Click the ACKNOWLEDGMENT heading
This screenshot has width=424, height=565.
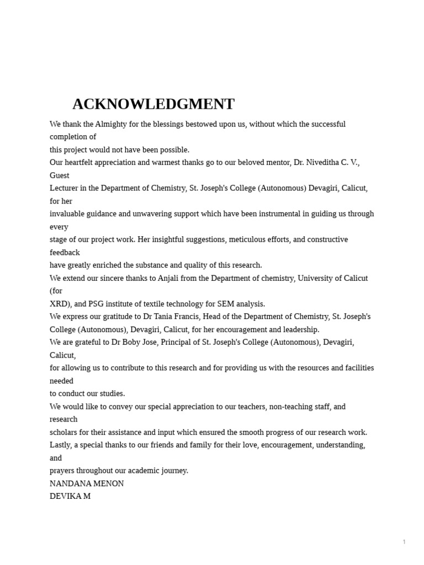(x=153, y=104)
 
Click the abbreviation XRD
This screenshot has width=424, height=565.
(x=59, y=304)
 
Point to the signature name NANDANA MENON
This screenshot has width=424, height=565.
(x=87, y=483)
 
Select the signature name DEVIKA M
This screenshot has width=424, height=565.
(x=70, y=496)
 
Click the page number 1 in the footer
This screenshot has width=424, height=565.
(x=404, y=542)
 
